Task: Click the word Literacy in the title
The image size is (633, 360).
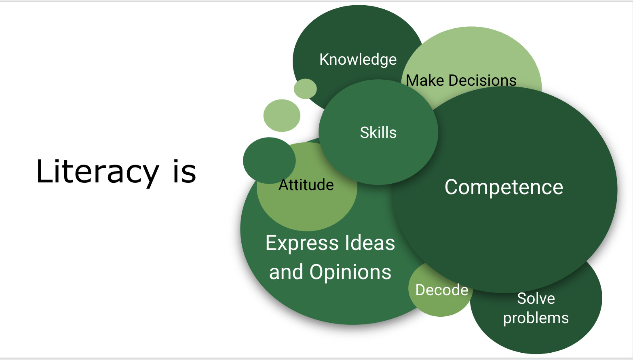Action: (x=98, y=172)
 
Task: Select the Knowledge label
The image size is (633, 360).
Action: (x=358, y=60)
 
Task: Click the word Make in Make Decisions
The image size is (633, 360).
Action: (x=425, y=80)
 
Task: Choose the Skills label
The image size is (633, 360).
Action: (x=378, y=132)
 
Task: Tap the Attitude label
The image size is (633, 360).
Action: (x=306, y=185)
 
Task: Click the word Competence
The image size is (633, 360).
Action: (x=504, y=187)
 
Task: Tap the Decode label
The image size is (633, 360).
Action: (x=442, y=290)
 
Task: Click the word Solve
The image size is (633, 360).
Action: (x=536, y=299)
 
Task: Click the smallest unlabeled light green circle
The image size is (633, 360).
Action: (x=305, y=89)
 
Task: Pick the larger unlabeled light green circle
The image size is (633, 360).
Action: (x=282, y=115)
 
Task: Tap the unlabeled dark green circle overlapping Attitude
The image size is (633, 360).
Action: (x=269, y=161)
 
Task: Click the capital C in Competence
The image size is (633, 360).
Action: (x=451, y=187)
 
